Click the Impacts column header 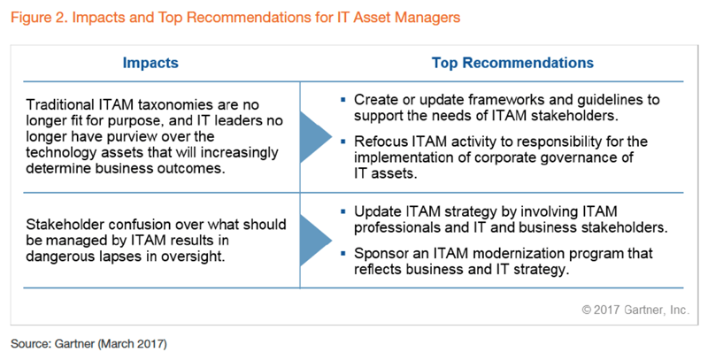pos(150,63)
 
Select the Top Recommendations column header pos(512,63)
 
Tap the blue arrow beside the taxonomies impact pos(316,137)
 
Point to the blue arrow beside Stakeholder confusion pos(316,241)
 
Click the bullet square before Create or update pos(343,99)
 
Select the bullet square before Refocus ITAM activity pos(343,142)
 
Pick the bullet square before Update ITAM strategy pos(343,211)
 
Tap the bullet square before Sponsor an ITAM pos(343,254)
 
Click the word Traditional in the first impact pos(60,104)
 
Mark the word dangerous pos(59,257)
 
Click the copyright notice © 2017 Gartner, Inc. pos(635,310)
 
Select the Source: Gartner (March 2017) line pos(89,344)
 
